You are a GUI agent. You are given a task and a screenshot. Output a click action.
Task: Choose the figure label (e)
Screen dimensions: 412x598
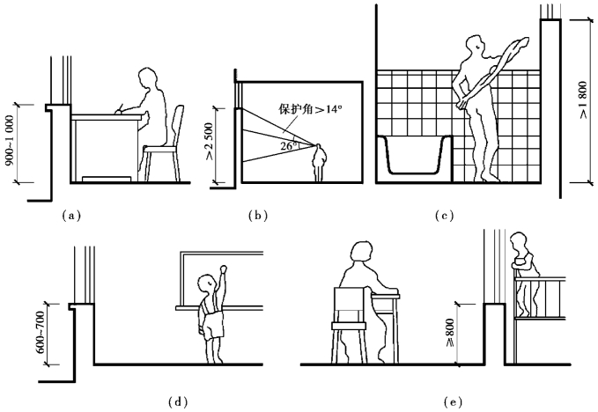(x=454, y=402)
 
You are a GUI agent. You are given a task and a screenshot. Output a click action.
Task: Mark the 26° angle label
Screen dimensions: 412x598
(x=286, y=146)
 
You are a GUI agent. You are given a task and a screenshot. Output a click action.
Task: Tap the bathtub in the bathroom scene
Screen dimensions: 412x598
(x=412, y=158)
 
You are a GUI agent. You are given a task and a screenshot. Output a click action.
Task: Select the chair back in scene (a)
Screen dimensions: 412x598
(x=179, y=123)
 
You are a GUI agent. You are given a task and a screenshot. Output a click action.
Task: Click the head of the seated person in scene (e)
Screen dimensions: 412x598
(x=360, y=254)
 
